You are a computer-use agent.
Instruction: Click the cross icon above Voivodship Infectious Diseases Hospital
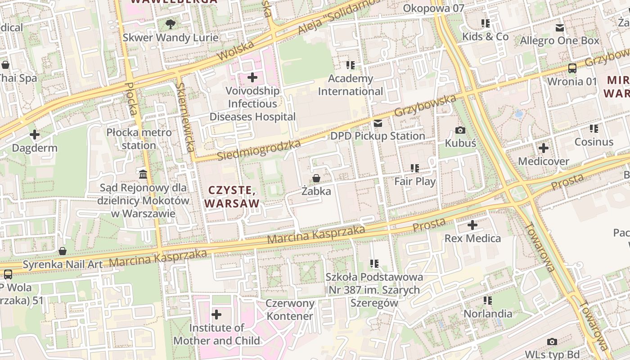(x=252, y=77)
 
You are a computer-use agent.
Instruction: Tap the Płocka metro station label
(x=139, y=139)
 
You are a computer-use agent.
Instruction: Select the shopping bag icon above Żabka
(x=316, y=178)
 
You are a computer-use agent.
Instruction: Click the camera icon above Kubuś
(x=460, y=130)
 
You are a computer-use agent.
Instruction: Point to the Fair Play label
(x=415, y=181)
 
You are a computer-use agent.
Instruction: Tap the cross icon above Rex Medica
(x=472, y=225)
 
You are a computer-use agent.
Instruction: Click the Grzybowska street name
(x=425, y=105)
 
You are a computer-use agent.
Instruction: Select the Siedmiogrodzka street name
(x=259, y=150)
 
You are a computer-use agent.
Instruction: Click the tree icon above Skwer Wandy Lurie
(x=170, y=24)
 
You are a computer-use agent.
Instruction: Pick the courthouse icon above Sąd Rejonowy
(x=143, y=174)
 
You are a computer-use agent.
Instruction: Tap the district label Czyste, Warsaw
(x=233, y=197)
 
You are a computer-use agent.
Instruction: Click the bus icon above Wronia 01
(x=572, y=68)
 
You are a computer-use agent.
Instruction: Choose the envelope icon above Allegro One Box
(x=560, y=28)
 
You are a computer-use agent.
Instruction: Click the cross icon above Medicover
(x=544, y=148)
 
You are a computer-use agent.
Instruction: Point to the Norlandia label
(x=488, y=314)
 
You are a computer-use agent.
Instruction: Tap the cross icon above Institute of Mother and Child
(x=216, y=314)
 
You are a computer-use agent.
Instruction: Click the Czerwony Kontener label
(x=290, y=310)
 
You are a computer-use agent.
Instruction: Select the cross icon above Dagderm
(x=35, y=135)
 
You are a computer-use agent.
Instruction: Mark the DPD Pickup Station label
(x=378, y=136)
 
